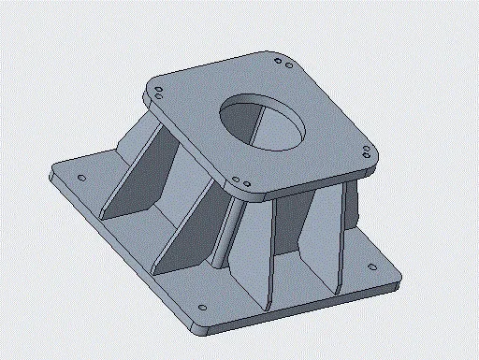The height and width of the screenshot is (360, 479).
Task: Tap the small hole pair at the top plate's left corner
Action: (x=159, y=94)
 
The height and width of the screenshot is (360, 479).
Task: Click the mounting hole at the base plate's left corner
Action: (x=81, y=178)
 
